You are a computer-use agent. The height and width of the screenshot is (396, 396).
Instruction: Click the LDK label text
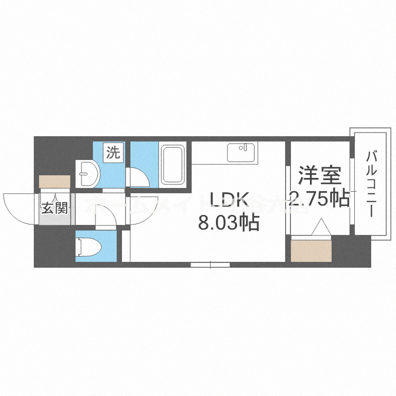pos(229,200)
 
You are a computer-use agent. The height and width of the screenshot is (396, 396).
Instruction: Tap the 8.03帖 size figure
pos(228,223)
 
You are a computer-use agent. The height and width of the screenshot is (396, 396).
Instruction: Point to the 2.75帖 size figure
pos(319,199)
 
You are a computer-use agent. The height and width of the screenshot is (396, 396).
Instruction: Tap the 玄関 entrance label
pos(55,208)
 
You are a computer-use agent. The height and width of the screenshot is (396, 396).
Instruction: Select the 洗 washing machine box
pos(114,153)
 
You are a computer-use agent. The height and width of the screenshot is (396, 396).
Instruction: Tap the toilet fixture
pos(87,247)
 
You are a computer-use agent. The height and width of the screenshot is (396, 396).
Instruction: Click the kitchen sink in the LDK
pos(240,153)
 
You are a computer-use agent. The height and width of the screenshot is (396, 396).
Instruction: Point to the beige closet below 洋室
pos(310,251)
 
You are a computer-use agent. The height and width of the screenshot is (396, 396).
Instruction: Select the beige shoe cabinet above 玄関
pos(55,181)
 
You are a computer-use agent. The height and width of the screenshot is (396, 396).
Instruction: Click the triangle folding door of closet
pos(320,229)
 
